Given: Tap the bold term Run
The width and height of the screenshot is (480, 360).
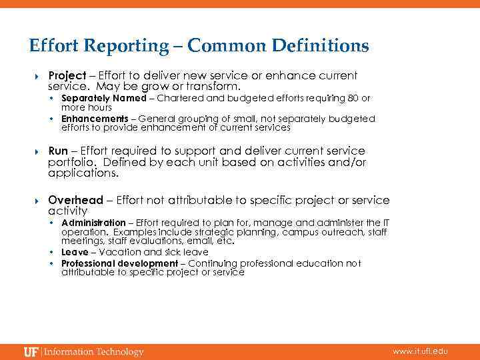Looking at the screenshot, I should point(58,151).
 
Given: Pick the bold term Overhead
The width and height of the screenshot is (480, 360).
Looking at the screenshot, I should point(75,200).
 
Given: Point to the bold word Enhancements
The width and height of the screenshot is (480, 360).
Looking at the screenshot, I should point(95,119).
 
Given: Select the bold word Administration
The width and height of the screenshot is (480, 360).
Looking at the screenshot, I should point(93,223).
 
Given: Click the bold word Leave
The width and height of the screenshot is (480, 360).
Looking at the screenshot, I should point(75,252).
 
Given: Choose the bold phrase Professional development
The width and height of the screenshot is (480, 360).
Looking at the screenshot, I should point(119,263).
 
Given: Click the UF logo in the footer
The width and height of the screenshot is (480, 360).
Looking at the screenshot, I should point(31,351).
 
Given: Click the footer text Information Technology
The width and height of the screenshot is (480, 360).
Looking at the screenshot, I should point(93,351).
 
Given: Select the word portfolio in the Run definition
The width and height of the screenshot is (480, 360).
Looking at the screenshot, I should point(69,163).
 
